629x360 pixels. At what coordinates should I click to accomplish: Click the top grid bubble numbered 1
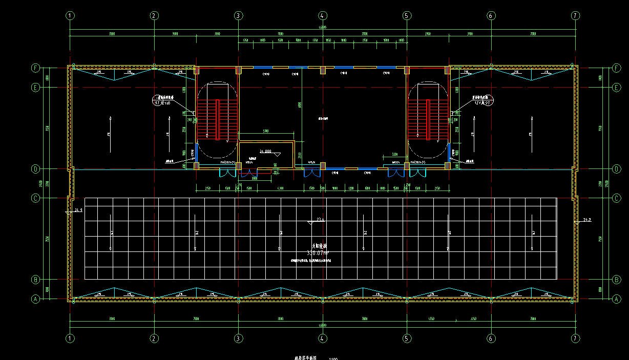[x=71, y=15]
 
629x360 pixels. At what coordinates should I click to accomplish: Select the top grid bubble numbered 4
[x=323, y=15]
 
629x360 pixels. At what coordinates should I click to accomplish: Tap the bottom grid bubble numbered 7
[x=575, y=338]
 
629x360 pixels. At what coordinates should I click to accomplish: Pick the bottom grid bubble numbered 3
[x=239, y=338]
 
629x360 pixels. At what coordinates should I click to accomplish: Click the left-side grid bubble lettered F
[x=36, y=68]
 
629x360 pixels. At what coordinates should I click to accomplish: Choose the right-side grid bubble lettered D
[x=616, y=168]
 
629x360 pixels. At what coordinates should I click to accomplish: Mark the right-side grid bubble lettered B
[x=616, y=280]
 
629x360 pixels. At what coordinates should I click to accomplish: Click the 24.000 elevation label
[x=265, y=152]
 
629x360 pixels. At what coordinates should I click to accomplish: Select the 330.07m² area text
[x=318, y=252]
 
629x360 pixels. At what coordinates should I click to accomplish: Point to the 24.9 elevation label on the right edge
[x=587, y=220]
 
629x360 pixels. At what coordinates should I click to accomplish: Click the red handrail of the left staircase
[x=218, y=119]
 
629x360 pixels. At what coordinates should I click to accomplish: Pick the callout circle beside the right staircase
[x=484, y=100]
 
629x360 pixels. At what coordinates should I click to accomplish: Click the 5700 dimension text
[x=266, y=131]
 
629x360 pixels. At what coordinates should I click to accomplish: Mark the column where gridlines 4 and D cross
[x=323, y=165]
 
